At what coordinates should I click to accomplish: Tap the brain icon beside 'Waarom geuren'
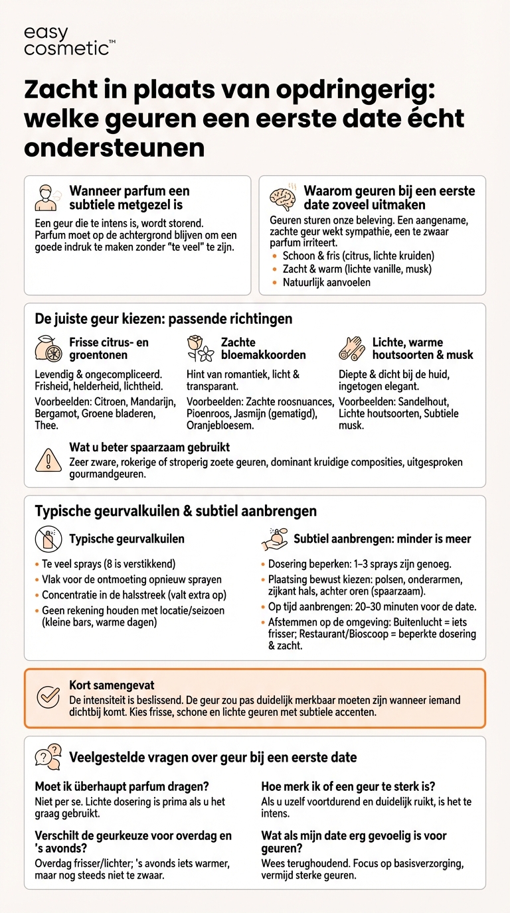(x=284, y=198)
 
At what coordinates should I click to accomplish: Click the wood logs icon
(x=352, y=348)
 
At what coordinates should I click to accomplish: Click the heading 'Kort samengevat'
(x=112, y=685)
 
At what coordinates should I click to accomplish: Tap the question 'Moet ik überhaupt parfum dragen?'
(x=122, y=786)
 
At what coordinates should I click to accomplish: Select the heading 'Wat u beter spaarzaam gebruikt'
(x=149, y=447)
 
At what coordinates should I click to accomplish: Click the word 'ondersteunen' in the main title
(x=114, y=148)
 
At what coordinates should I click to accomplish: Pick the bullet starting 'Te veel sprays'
(x=108, y=564)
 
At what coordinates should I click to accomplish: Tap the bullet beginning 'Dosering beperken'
(x=359, y=565)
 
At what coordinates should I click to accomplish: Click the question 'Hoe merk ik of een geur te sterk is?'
(x=348, y=786)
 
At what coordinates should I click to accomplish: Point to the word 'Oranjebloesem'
(x=219, y=426)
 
